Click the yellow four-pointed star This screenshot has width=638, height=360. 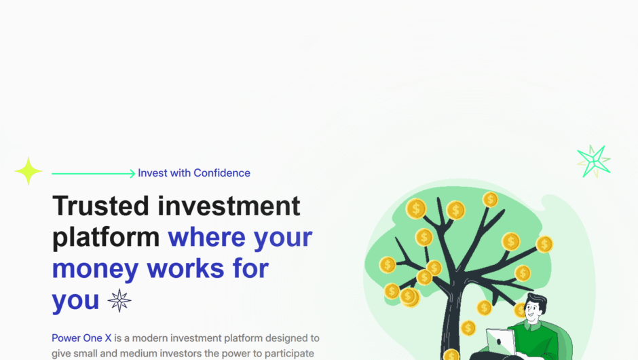tap(28, 171)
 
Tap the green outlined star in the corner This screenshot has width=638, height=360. tap(594, 161)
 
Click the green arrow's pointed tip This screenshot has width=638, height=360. tap(134, 173)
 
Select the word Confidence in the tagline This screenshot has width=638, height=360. tap(222, 173)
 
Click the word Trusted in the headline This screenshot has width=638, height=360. tap(100, 206)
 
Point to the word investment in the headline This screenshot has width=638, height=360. tap(229, 206)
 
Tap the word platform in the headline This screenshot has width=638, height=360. tap(106, 237)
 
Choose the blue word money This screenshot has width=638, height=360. tap(95, 269)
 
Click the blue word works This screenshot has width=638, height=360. tap(185, 268)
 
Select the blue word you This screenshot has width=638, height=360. tap(75, 301)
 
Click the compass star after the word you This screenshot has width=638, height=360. tap(119, 300)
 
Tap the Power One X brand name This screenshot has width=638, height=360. tap(81, 338)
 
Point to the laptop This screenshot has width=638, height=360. tap(501, 341)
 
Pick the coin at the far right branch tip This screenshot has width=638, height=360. tap(544, 245)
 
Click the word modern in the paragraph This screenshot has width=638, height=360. tap(147, 338)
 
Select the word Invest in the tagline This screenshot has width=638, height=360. tap(153, 173)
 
